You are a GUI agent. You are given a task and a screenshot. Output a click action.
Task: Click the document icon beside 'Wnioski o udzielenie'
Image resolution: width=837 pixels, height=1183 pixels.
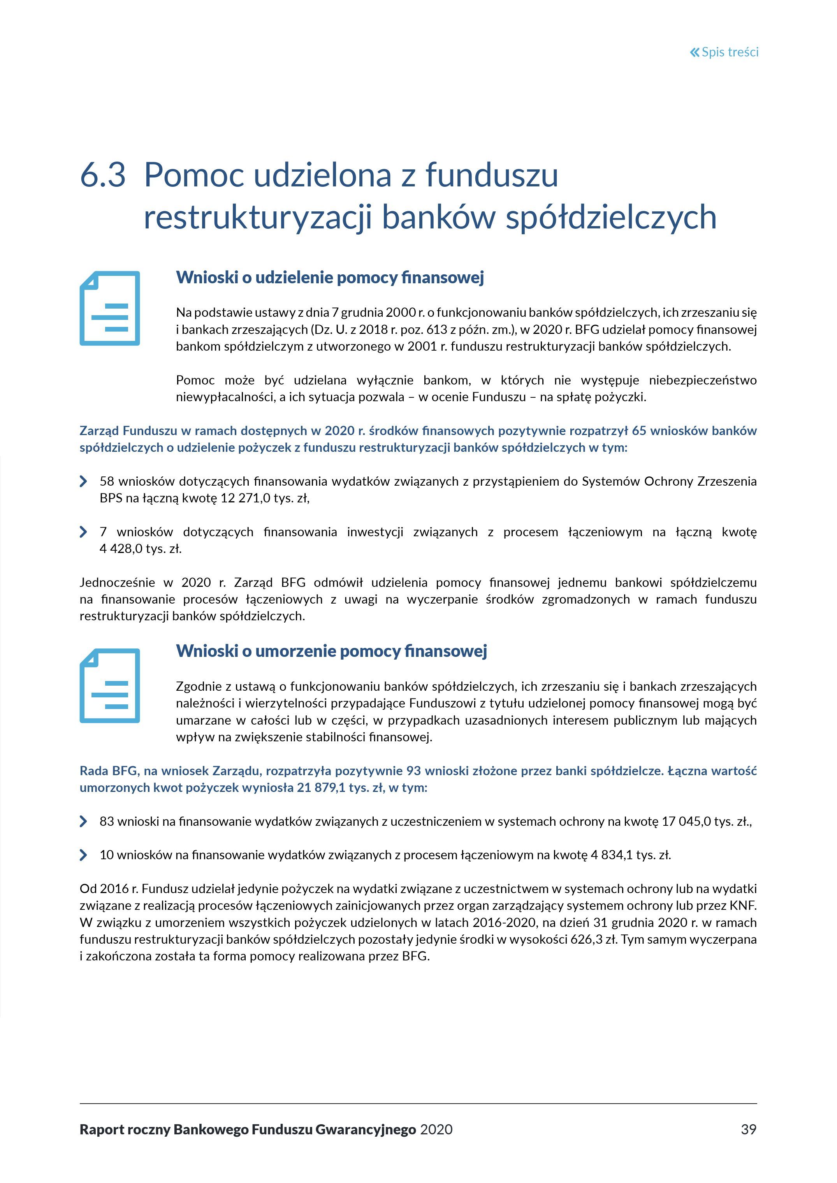pyautogui.click(x=110, y=308)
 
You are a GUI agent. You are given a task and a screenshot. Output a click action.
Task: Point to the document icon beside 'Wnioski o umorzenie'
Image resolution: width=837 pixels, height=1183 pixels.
pyautogui.click(x=110, y=685)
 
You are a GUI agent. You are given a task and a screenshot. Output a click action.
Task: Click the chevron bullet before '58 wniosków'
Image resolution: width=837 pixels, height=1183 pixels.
pyautogui.click(x=83, y=481)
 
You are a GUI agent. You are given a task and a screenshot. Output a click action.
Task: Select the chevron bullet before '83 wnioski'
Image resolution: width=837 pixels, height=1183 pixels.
pyautogui.click(x=83, y=821)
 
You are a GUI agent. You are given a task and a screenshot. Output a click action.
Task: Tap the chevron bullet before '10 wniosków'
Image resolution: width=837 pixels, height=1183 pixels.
pyautogui.click(x=83, y=855)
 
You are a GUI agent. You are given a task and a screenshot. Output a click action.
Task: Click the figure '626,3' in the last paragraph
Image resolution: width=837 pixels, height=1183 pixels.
pyautogui.click(x=586, y=940)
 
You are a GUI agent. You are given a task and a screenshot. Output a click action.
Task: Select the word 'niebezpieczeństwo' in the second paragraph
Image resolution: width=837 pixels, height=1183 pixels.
pyautogui.click(x=702, y=380)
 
